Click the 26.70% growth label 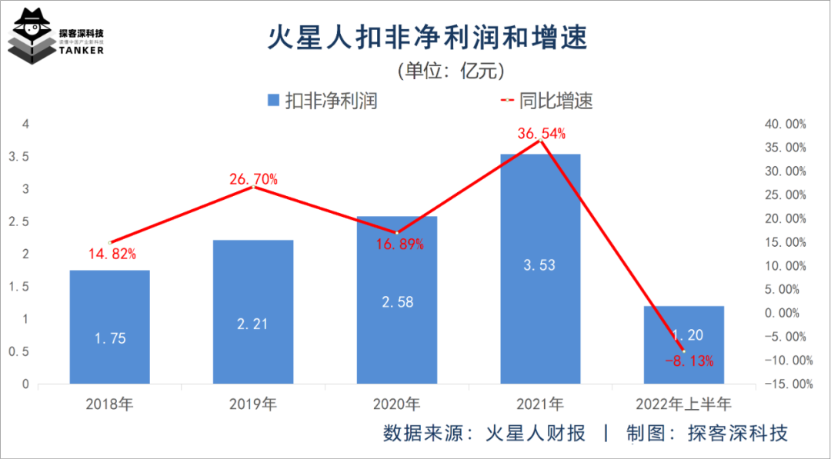(253, 179)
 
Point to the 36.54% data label (542, 133)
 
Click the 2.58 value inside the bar (397, 302)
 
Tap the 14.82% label (112, 254)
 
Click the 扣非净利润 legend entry (322, 101)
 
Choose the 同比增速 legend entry (546, 101)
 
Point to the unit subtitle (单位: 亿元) (450, 71)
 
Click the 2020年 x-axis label (397, 404)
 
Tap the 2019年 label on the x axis (253, 404)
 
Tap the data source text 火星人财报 (536, 433)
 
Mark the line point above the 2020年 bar (397, 232)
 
